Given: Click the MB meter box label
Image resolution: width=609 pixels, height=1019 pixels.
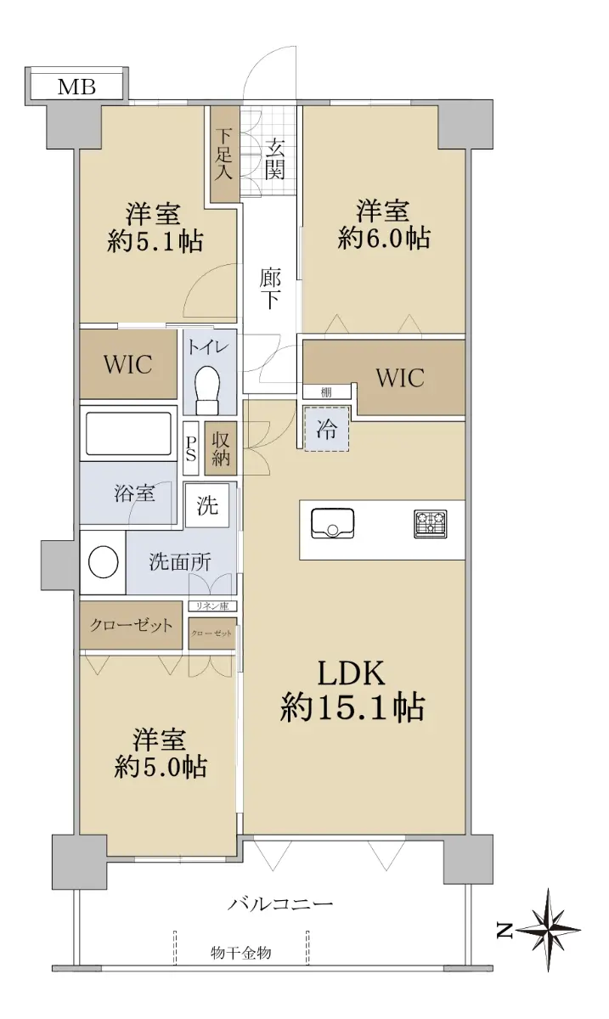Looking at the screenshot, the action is [76, 87].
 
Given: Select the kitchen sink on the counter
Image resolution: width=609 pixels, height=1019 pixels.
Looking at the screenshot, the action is [333, 524].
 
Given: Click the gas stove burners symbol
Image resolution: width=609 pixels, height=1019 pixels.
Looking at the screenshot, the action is [430, 524].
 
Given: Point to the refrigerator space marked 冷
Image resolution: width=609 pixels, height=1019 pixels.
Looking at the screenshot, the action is [327, 429].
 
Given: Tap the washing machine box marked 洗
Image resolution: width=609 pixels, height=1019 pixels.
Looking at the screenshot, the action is [207, 505].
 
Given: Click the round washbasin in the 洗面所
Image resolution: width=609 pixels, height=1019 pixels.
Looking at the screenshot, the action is [104, 562].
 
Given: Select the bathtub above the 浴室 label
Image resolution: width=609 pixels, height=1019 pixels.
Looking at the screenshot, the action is [128, 433].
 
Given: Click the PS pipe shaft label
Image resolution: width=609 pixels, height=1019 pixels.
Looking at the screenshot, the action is [191, 449].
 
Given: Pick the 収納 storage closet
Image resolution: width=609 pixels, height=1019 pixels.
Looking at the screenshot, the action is [221, 449].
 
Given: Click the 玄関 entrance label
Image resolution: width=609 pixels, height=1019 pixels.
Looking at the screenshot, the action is [274, 160].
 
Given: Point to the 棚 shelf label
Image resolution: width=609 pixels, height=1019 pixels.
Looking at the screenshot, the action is [326, 392].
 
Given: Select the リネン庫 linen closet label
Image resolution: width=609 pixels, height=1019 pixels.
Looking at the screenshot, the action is [212, 606].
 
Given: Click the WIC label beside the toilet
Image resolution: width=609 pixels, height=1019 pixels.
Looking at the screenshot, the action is [128, 364].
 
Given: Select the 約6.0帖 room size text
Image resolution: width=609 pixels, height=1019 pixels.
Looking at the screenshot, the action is [384, 238].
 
